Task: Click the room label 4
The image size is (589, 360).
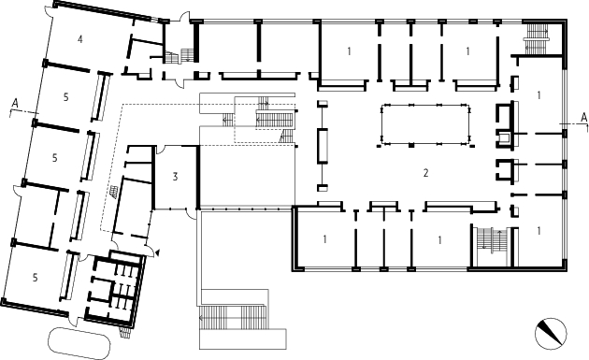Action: point(80,38)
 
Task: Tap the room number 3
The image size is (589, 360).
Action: point(175,176)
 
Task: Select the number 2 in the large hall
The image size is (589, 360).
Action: point(425,173)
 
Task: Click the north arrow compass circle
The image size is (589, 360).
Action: point(551,333)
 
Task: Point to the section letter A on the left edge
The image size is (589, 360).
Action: point(15,103)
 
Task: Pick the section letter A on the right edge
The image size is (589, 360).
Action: point(583,118)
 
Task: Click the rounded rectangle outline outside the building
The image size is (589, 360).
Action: point(79,343)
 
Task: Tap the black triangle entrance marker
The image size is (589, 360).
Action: point(157,252)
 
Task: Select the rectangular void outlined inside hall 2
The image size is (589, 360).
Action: point(425,124)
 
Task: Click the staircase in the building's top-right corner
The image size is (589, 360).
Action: point(537,37)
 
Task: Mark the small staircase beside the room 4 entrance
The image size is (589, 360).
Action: point(180,55)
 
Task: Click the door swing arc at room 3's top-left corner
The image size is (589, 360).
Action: point(160,151)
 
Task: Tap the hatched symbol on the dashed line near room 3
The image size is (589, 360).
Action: point(113,192)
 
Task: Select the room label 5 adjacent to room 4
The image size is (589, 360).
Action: point(66,97)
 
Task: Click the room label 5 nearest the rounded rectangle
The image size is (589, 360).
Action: point(35,278)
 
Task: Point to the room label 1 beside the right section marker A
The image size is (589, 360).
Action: point(539,95)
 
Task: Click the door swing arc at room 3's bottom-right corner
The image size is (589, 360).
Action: point(192,214)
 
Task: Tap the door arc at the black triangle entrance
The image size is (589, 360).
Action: point(150,251)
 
